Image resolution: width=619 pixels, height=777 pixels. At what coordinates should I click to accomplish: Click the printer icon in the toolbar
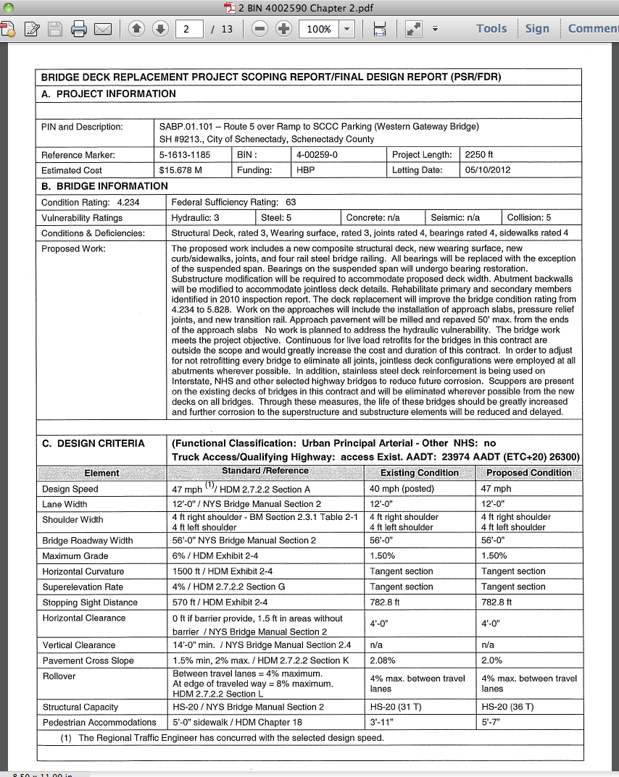click(79, 29)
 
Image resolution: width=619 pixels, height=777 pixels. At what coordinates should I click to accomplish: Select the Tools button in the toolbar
click(491, 28)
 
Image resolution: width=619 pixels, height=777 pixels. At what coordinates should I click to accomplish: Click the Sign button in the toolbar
click(537, 28)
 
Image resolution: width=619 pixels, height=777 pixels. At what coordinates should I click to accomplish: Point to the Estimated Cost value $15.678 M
click(180, 170)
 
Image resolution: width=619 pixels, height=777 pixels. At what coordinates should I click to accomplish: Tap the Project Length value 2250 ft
click(479, 155)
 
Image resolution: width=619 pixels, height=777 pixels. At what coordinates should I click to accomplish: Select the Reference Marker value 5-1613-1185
click(185, 155)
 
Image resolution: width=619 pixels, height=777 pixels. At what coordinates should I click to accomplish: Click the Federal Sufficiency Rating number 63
click(291, 202)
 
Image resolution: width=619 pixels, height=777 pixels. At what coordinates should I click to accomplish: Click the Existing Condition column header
click(420, 473)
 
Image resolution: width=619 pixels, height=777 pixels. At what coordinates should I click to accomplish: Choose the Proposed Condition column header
click(528, 473)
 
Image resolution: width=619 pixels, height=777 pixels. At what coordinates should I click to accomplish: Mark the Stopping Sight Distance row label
click(90, 602)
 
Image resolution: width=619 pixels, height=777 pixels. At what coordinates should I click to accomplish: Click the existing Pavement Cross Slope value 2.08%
click(383, 660)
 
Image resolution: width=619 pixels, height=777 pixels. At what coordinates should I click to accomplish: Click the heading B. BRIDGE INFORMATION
click(104, 186)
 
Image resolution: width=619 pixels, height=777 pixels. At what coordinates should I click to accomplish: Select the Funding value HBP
click(305, 170)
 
